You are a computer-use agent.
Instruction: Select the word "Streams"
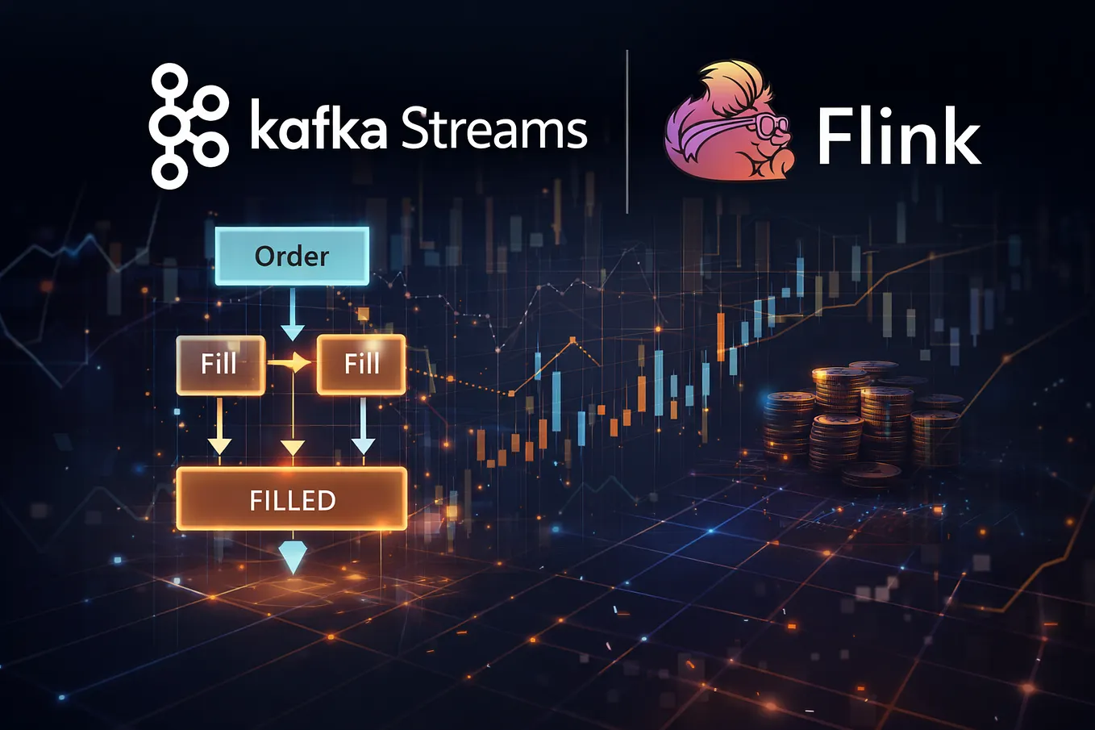(494, 126)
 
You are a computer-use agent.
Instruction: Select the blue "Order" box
(292, 256)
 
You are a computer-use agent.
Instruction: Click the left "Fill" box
(220, 365)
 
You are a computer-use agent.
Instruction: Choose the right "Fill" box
(361, 365)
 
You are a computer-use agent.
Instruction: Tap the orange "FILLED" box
(292, 498)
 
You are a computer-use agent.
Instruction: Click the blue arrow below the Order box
(293, 314)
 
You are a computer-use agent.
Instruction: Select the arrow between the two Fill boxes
(289, 363)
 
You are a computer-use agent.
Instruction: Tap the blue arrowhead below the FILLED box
(293, 557)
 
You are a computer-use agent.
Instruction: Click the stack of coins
(860, 420)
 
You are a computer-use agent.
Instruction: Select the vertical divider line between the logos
(627, 131)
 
